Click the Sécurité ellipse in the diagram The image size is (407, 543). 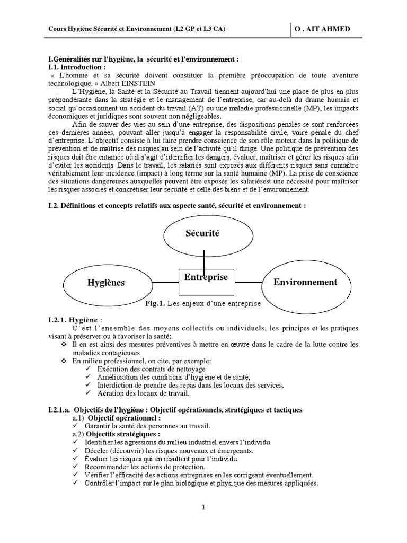[203, 233]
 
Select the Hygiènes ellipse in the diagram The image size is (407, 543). [106, 283]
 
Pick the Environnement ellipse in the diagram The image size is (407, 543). [305, 282]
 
